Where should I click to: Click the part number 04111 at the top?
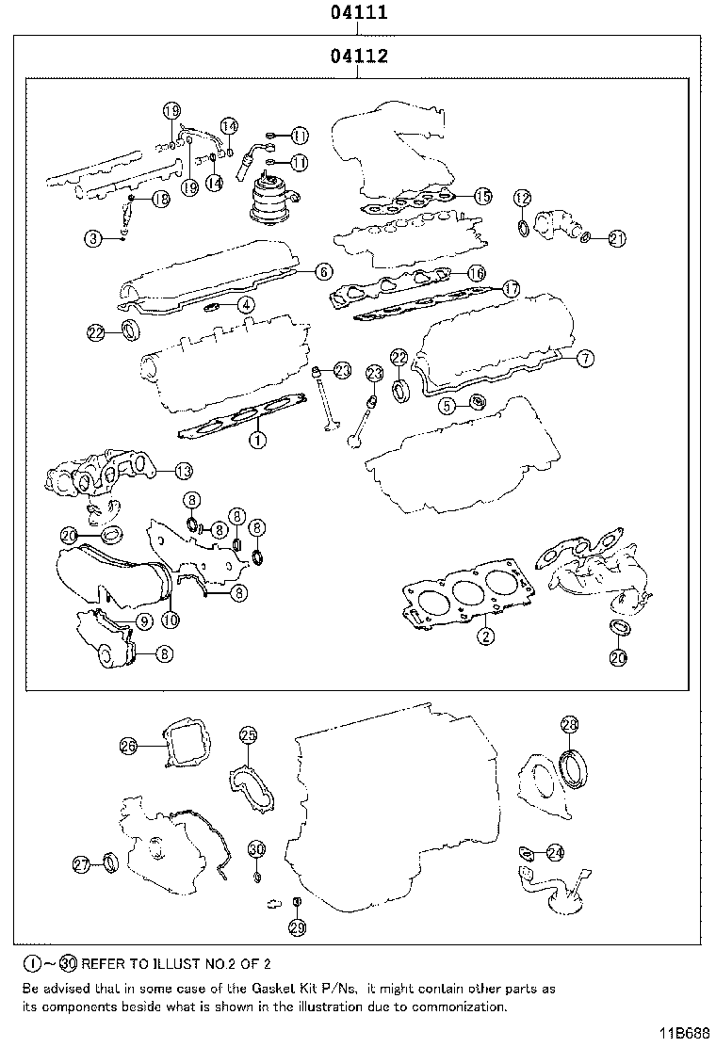[359, 13]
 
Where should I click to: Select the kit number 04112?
[359, 57]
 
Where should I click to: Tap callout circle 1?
[255, 438]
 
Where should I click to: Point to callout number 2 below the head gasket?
[485, 636]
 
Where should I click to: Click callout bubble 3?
[93, 239]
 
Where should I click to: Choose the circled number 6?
[322, 271]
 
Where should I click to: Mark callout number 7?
[584, 358]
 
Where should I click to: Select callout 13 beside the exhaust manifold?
[183, 470]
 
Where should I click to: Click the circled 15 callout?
[481, 196]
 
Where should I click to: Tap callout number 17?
[511, 288]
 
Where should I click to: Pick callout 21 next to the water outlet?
[616, 238]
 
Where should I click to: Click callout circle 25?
[248, 734]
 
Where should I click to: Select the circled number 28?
[570, 724]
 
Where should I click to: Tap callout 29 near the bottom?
[297, 928]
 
